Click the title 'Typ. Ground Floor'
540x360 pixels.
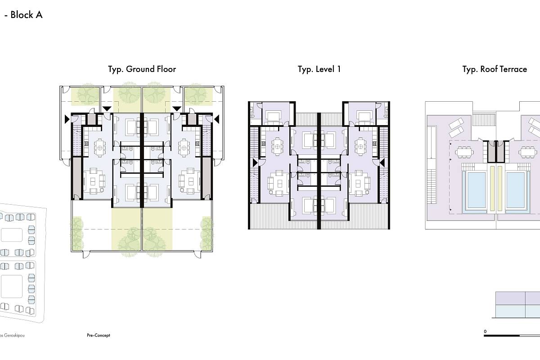coord(142,69)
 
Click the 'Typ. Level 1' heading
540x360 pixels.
coord(319,69)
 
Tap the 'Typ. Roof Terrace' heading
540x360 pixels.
coord(495,69)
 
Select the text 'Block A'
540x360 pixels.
coord(27,15)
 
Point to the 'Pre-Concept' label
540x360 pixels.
coord(99,335)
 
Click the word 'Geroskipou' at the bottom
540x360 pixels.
coord(14,335)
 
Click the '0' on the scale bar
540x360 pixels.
coord(485,332)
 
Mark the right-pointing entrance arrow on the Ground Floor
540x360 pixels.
coord(67,119)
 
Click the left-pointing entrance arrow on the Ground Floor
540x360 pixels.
coord(217,119)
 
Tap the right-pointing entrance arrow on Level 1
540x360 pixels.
coord(255,163)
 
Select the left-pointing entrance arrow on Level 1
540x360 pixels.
coord(382,163)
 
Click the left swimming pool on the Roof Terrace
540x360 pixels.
coord(477,190)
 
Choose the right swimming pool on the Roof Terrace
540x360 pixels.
coord(515,190)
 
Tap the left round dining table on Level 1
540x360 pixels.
coord(277,147)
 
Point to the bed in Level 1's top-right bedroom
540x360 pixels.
coord(364,118)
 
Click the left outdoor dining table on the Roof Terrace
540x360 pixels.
coord(464,153)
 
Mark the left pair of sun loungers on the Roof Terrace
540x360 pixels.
coord(456,127)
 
